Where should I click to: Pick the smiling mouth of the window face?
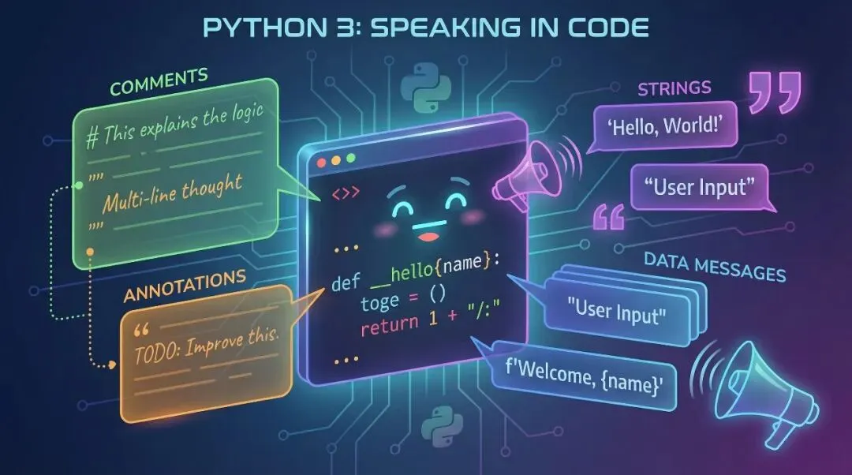coord(427,234)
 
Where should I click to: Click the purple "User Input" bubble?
coord(699,188)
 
